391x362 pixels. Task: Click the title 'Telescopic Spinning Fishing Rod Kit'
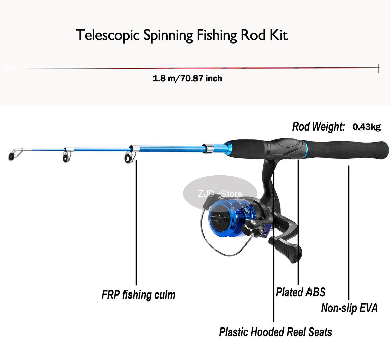pyautogui.click(x=182, y=35)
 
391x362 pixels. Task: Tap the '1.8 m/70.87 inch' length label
pyautogui.click(x=187, y=78)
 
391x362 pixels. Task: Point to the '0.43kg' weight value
pyautogui.click(x=366, y=127)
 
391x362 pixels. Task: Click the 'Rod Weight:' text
pyautogui.click(x=318, y=127)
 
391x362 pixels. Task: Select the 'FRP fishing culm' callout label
pyautogui.click(x=138, y=295)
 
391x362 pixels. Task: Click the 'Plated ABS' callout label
pyautogui.click(x=301, y=292)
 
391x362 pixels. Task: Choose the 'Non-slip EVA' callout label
pyautogui.click(x=349, y=308)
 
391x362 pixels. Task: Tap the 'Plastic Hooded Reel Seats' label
pyautogui.click(x=276, y=332)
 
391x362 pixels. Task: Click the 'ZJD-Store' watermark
pyautogui.click(x=220, y=194)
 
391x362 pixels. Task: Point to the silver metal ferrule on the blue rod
pyautogui.click(x=208, y=148)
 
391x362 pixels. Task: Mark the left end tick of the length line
pyautogui.click(x=7, y=67)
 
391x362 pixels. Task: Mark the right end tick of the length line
pyautogui.click(x=378, y=68)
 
